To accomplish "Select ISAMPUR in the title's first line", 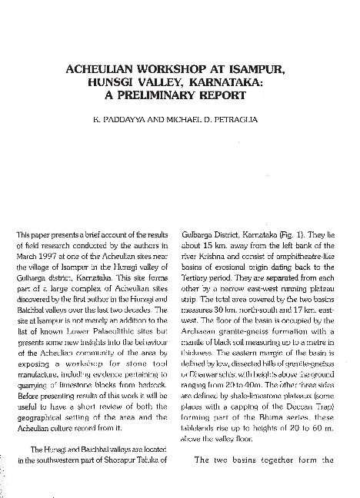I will pyautogui.click(x=258, y=69).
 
